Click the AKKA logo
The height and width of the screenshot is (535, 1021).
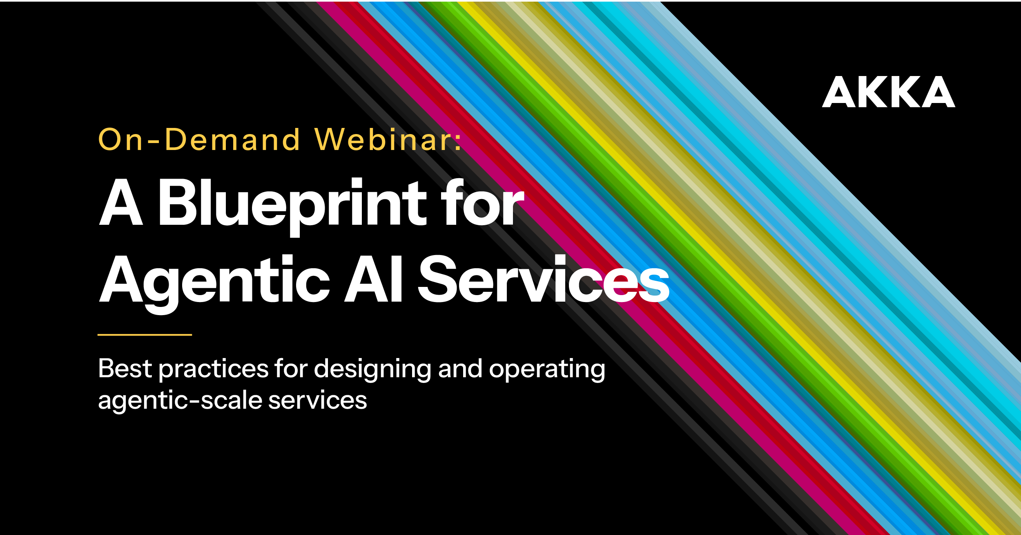coord(888,92)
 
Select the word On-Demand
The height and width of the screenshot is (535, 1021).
coord(199,140)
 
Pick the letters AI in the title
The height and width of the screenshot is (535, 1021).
coord(374,280)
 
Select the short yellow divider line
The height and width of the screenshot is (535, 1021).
coord(145,335)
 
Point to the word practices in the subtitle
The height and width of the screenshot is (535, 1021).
coord(213,369)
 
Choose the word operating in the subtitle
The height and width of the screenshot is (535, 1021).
coord(547,369)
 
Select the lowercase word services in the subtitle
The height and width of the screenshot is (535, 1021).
coord(317,401)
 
